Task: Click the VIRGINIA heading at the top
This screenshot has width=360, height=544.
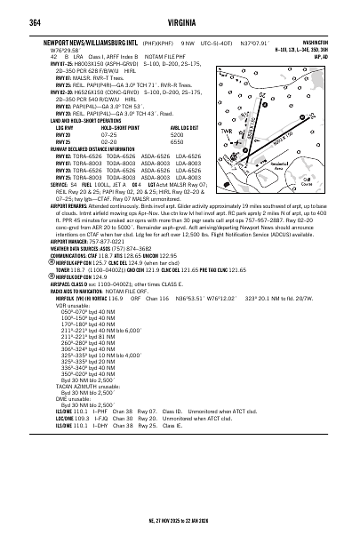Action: point(180,12)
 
